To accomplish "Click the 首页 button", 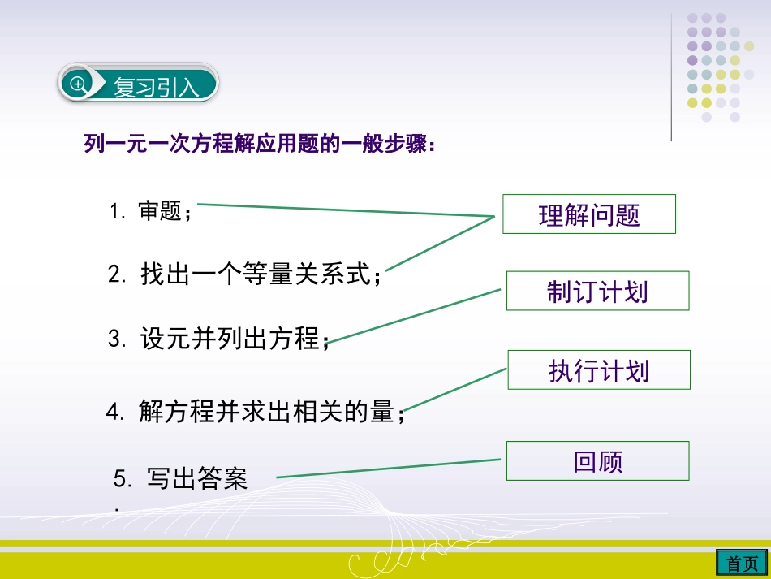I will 742,563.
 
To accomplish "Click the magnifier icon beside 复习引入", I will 79,84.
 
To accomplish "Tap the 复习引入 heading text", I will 156,87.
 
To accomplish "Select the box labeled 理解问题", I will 588,214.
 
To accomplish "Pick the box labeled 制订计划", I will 597,291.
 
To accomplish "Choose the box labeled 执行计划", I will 599,370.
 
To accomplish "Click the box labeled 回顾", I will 597,461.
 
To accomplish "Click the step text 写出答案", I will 196,478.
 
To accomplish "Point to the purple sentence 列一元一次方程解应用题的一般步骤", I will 260,145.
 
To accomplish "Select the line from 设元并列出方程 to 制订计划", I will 416,316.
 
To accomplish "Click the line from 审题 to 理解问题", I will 345,210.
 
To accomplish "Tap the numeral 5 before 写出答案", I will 121,479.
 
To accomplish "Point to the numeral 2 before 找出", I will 114,274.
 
